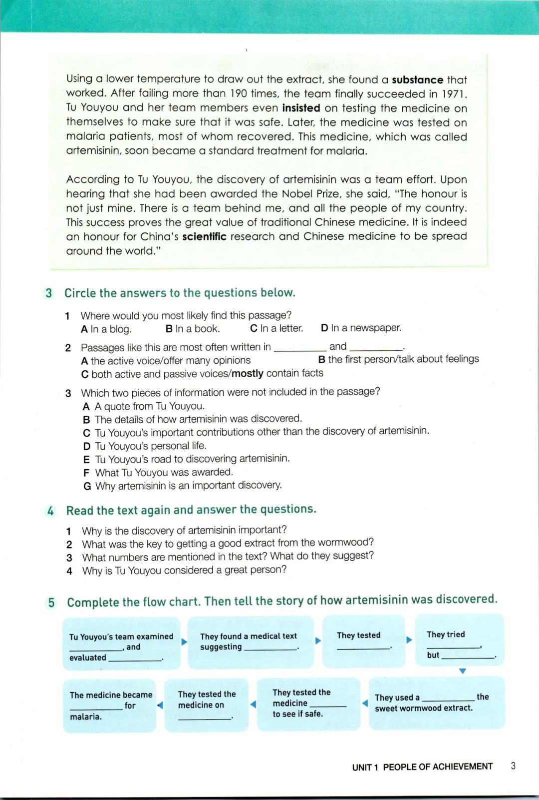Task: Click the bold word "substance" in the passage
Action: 417,80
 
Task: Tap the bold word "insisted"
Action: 301,108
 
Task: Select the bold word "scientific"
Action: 204,236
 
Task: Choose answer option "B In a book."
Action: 193,329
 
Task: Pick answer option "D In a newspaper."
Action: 361,328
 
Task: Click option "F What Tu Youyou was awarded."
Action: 158,472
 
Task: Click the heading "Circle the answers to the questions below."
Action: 180,293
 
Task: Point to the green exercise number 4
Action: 50,511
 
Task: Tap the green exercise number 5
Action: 51,602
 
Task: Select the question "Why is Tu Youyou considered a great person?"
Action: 184,570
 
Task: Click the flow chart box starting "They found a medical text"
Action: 250,642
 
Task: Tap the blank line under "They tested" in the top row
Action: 363,648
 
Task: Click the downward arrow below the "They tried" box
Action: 462,671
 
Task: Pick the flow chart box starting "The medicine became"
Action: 110,705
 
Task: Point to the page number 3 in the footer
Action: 513,766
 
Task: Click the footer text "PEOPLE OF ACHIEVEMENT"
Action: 438,767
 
